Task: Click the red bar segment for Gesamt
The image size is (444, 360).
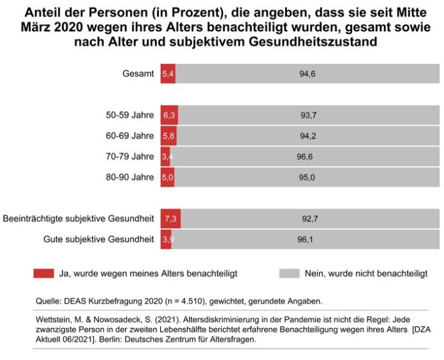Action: [168, 74]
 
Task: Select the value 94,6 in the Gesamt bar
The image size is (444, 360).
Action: [308, 74]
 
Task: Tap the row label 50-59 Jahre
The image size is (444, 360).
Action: [130, 116]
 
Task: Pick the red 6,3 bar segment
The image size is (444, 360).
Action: [169, 116]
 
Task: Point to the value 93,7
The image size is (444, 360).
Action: [309, 116]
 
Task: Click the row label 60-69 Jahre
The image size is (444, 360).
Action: [130, 136]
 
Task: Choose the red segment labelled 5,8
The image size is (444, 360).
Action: [168, 136]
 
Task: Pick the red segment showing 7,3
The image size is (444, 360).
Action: [170, 219]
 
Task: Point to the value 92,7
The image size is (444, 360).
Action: [310, 219]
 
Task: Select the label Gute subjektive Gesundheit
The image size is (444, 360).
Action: [99, 239]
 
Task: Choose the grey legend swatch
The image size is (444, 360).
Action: [289, 273]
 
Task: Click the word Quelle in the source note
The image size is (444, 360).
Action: [47, 299]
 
